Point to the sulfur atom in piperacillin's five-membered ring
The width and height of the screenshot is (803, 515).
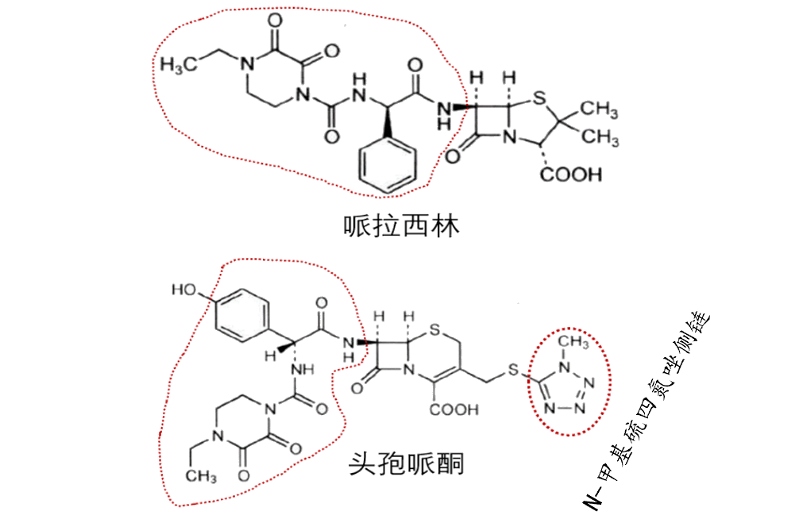point(539,101)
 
